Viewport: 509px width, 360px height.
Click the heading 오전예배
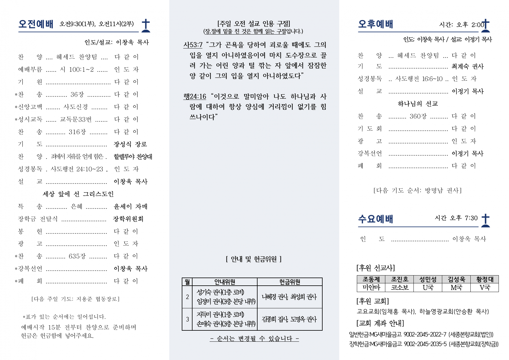(x=36, y=24)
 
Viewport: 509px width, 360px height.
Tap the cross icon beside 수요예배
(x=485, y=220)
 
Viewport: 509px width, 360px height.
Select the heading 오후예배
(x=375, y=24)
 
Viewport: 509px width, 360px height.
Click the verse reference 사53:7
(x=193, y=45)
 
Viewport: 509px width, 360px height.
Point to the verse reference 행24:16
(x=195, y=96)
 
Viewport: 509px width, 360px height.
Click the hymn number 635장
(x=77, y=256)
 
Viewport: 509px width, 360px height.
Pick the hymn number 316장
(x=77, y=132)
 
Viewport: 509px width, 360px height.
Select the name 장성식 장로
(x=130, y=144)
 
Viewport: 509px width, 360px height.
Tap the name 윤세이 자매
(x=130, y=207)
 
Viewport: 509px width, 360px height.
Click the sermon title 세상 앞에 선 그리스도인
(x=78, y=194)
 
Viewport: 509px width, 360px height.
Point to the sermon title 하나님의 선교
(x=418, y=104)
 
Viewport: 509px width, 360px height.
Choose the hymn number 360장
(x=418, y=116)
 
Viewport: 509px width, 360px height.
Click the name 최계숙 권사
(x=467, y=66)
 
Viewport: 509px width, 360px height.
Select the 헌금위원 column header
(x=289, y=282)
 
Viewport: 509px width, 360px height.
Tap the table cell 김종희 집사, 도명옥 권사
(x=289, y=319)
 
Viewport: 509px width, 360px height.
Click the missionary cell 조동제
(x=371, y=279)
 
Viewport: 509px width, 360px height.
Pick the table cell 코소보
(x=400, y=288)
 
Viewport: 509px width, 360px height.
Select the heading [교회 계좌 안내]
(x=380, y=323)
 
